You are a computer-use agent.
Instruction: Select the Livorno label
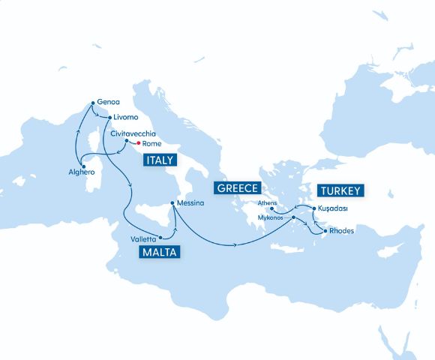(x=125, y=118)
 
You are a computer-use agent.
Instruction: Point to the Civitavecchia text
(x=133, y=132)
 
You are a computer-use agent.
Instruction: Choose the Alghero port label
(x=81, y=172)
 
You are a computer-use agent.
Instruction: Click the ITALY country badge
(x=160, y=160)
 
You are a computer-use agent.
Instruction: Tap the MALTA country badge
(x=158, y=252)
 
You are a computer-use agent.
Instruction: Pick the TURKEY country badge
(x=340, y=190)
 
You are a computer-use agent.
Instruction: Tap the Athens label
(x=267, y=202)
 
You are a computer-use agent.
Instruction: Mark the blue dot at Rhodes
(x=324, y=230)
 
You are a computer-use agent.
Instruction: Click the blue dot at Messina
(x=173, y=203)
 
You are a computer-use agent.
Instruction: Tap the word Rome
(x=152, y=143)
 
